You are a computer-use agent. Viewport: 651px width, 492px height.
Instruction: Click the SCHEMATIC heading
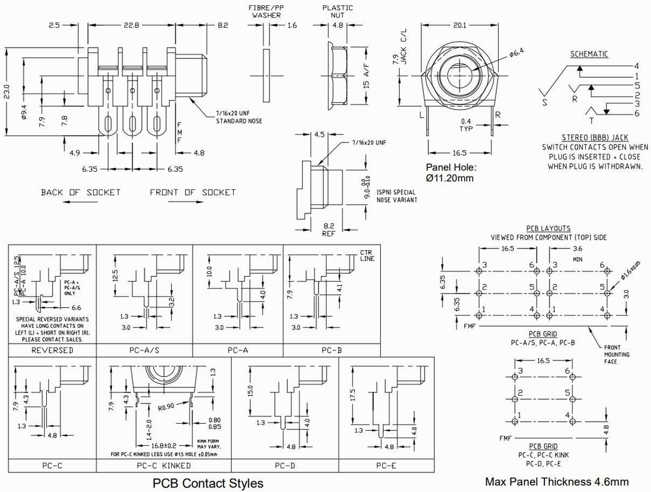589,54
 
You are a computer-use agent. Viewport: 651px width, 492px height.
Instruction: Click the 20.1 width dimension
460,25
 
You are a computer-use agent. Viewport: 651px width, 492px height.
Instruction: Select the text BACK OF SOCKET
81,193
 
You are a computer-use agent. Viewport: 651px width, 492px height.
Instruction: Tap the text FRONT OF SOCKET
193,193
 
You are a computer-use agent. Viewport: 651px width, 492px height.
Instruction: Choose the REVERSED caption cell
52,350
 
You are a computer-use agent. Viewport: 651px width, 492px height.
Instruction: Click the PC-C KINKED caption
164,465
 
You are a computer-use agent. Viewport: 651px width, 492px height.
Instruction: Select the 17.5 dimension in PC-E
353,395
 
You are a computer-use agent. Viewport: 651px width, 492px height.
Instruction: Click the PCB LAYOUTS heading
548,228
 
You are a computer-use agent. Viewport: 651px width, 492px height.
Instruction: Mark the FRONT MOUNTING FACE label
615,354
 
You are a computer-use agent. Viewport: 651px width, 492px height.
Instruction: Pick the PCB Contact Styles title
208,483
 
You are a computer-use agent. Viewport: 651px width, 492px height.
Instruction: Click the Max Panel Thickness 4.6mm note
557,482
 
